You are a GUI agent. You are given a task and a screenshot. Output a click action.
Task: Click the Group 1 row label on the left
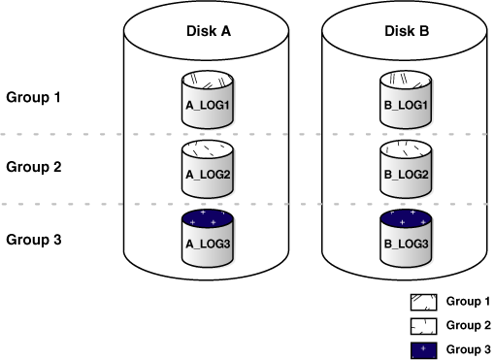pyautogui.click(x=34, y=97)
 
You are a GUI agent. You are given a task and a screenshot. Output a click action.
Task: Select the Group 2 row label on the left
pyautogui.click(x=34, y=166)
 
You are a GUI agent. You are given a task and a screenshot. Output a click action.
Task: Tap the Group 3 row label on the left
pyautogui.click(x=34, y=238)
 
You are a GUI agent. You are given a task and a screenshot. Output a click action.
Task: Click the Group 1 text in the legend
pyautogui.click(x=468, y=302)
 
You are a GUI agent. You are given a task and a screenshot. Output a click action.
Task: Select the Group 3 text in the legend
pyautogui.click(x=468, y=348)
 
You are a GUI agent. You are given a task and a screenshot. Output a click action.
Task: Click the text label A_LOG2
pyautogui.click(x=208, y=174)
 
